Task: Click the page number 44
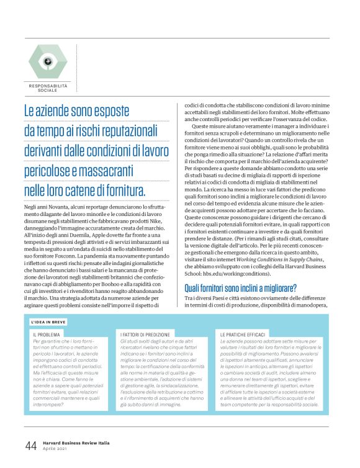tap(31, 445)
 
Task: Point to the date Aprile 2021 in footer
tap(56, 449)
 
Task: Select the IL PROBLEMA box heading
tap(47, 335)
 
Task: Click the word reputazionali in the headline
tap(137, 131)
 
